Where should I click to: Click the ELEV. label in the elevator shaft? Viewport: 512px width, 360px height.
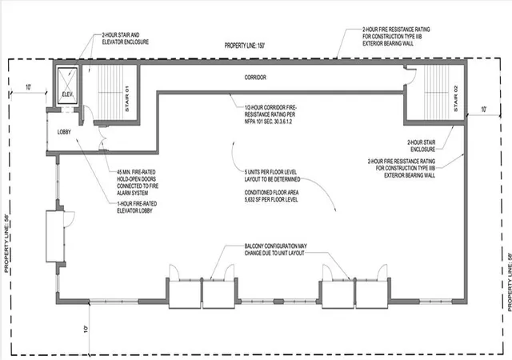[x=67, y=94]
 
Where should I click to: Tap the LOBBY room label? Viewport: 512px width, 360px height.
[x=64, y=132]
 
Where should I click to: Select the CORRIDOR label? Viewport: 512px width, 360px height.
[x=255, y=78]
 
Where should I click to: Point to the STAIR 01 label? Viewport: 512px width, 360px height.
[x=127, y=98]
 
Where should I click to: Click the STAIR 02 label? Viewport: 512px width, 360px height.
[x=456, y=98]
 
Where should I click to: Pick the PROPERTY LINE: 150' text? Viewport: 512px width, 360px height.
[x=245, y=46]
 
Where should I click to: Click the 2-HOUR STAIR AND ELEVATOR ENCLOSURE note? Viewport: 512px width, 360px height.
[x=126, y=38]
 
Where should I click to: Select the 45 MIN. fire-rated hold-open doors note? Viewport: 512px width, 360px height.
[x=138, y=182]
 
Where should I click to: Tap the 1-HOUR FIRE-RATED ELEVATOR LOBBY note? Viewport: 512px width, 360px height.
[x=137, y=207]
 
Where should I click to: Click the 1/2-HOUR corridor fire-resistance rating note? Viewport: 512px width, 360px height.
[x=270, y=114]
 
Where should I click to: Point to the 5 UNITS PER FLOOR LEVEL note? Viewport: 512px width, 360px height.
[x=272, y=175]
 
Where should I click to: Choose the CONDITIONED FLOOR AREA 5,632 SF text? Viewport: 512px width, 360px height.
[x=271, y=196]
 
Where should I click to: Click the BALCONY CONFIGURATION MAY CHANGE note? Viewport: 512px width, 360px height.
[x=275, y=250]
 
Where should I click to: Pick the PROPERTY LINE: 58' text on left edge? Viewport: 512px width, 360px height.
[x=6, y=244]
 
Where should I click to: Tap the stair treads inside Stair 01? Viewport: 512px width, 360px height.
[x=110, y=92]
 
